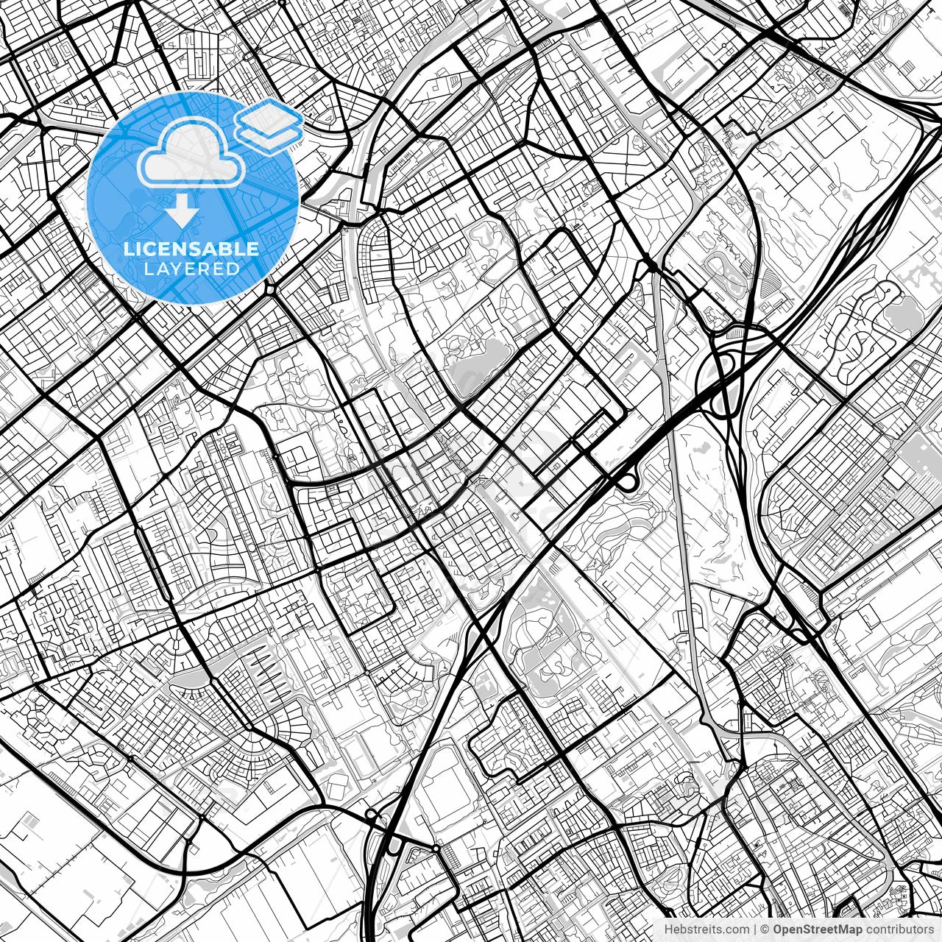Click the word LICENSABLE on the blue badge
coord(191,249)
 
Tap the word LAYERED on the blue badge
coord(191,269)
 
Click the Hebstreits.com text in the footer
coord(706,929)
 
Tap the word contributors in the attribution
coord(896,929)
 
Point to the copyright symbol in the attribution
coord(765,929)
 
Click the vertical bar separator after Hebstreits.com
coord(754,929)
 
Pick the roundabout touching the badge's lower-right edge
coord(272,290)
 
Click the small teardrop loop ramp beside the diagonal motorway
coord(627,482)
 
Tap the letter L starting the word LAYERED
coord(148,269)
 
